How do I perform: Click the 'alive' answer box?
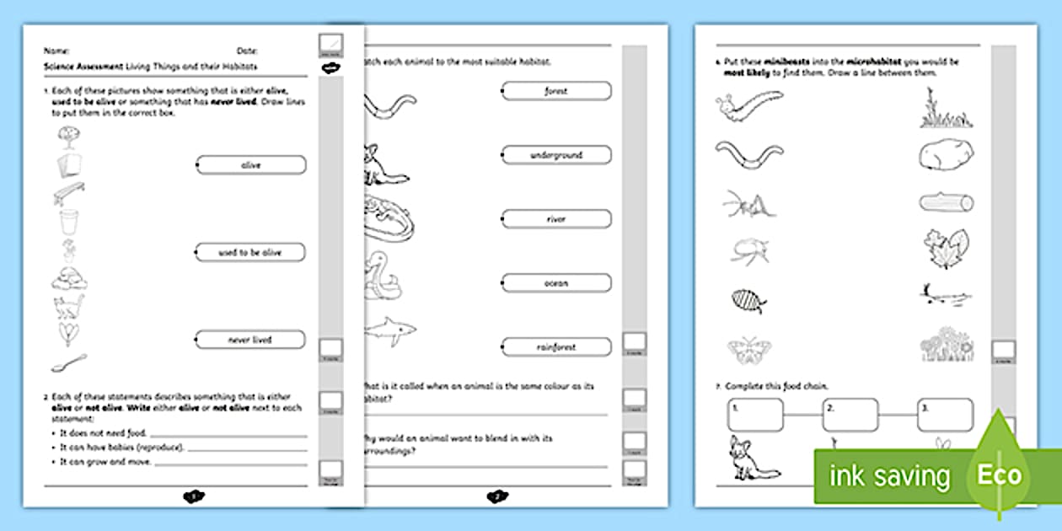pos(251,165)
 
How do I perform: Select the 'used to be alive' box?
pos(251,252)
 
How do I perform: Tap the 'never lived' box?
pos(251,340)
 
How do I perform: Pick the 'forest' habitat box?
pos(556,91)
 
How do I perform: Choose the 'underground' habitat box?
pos(556,155)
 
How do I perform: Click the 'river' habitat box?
pos(556,219)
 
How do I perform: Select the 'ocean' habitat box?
pos(556,283)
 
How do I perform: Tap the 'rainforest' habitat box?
pos(556,346)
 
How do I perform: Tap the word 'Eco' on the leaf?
pos(999,475)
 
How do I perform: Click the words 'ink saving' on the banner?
pos(889,476)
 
